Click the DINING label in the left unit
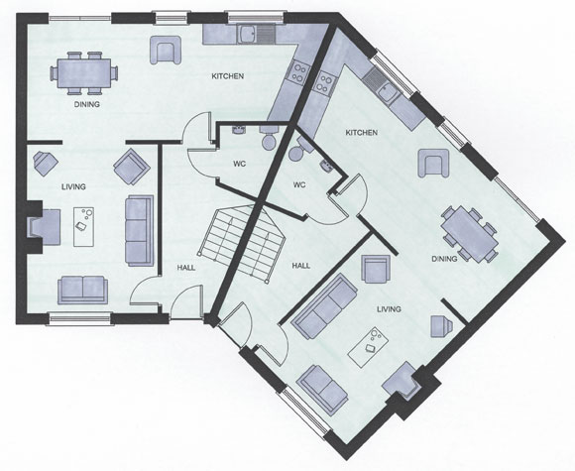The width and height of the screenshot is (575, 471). pyautogui.click(x=87, y=104)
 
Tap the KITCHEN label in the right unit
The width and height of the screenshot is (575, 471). pyautogui.click(x=362, y=133)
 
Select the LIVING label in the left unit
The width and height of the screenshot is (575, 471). pyautogui.click(x=73, y=186)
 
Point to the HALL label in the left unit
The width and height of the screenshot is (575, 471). pyautogui.click(x=186, y=268)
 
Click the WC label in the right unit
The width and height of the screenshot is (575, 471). pyautogui.click(x=299, y=184)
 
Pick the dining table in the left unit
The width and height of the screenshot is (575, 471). pyautogui.click(x=84, y=73)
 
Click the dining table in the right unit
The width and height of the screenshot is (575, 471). pyautogui.click(x=470, y=234)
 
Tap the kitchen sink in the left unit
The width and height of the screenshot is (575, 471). pyautogui.click(x=256, y=34)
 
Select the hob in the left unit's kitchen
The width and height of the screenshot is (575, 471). pyautogui.click(x=298, y=72)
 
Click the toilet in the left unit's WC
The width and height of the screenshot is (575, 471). pyautogui.click(x=270, y=138)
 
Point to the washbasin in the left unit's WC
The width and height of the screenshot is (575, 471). pyautogui.click(x=239, y=130)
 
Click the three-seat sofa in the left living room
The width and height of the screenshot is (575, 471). pyautogui.click(x=140, y=230)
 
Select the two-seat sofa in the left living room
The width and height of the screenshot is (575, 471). pyautogui.click(x=83, y=291)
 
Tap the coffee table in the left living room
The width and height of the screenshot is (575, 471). pyautogui.click(x=83, y=227)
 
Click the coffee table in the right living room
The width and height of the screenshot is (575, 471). pyautogui.click(x=368, y=347)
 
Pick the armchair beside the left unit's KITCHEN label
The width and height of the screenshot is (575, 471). pyautogui.click(x=166, y=50)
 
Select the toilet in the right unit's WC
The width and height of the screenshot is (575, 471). pyautogui.click(x=298, y=150)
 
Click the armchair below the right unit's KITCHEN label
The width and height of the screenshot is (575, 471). pyautogui.click(x=433, y=164)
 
